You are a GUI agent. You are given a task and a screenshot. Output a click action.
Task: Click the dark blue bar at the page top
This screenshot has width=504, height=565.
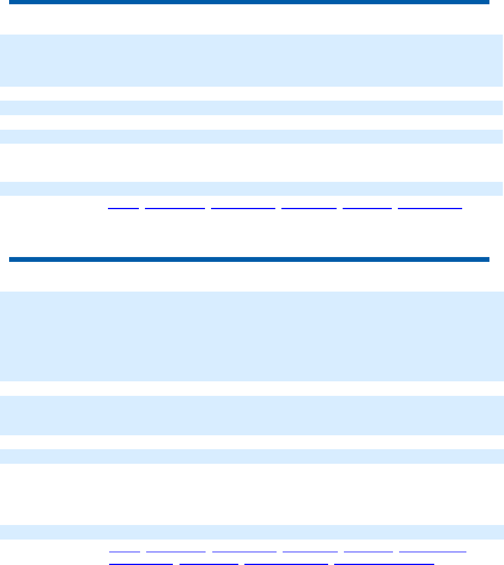tap(249, 2)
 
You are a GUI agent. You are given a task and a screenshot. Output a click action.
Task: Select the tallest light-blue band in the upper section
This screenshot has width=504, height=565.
tap(252, 60)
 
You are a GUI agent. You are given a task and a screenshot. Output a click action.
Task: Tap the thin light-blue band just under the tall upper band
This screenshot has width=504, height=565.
tap(252, 107)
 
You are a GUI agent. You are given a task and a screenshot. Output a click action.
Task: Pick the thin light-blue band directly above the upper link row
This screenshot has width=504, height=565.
tap(252, 189)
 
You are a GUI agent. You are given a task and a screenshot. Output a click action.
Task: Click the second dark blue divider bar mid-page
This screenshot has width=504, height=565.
tap(249, 259)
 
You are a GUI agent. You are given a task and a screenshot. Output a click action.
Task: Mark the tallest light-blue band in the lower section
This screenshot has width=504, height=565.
tap(252, 336)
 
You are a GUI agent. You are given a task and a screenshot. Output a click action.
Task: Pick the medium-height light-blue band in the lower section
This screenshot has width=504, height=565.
tap(252, 415)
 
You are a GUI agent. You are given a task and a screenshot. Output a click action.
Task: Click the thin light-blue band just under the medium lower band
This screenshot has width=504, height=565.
tap(252, 456)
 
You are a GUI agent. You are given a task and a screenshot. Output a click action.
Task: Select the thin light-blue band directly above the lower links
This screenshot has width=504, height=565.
tap(252, 532)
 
